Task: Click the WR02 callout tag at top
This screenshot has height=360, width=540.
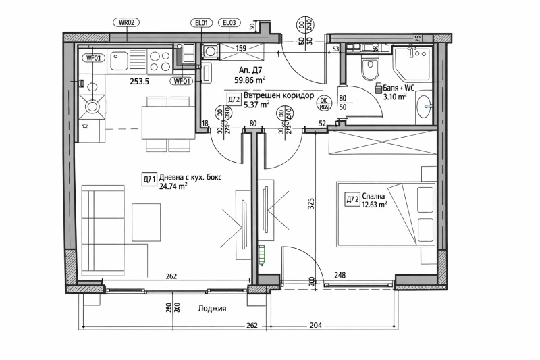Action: pos(128,22)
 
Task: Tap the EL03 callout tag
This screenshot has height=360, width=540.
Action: pos(230,22)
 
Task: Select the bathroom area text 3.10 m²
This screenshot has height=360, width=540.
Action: pos(395,97)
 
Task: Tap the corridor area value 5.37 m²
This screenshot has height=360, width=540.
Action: pos(256,105)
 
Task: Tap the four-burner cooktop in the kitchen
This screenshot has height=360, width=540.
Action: pos(159,61)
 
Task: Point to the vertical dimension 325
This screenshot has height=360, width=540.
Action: pos(311,205)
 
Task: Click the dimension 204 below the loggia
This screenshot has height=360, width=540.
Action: pos(315,325)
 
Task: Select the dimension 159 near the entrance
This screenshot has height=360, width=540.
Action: pos(240,48)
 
